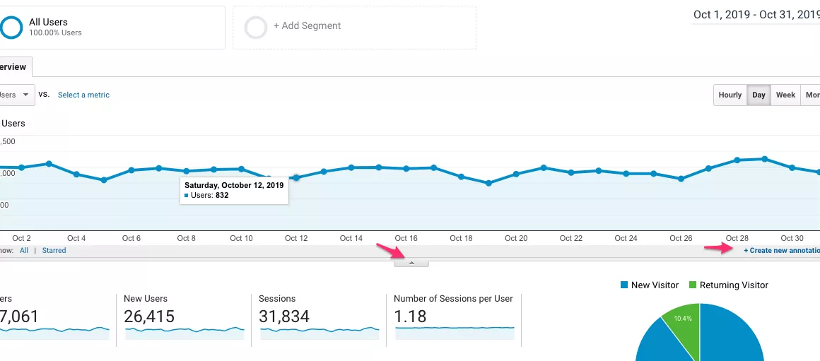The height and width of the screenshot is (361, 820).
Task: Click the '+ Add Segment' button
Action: tap(307, 26)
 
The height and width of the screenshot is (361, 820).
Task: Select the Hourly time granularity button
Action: tap(730, 95)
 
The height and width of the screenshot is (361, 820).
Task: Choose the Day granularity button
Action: tap(758, 95)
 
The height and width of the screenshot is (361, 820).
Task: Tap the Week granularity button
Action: tap(785, 95)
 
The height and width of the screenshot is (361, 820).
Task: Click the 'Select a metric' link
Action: tap(83, 95)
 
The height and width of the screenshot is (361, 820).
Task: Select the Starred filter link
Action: tap(54, 251)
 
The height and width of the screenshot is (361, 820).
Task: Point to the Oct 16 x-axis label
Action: tap(406, 239)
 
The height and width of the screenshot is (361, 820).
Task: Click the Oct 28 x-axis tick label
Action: tap(737, 239)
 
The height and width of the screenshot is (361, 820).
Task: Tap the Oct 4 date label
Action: tap(76, 239)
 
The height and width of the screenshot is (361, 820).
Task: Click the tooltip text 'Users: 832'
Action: tap(210, 196)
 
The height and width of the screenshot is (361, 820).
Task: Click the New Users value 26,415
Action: tap(148, 316)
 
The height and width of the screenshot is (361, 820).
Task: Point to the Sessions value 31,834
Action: tap(284, 316)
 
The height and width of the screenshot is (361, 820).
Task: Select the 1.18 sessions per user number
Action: tap(410, 316)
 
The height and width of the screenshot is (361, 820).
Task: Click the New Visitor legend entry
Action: tap(649, 285)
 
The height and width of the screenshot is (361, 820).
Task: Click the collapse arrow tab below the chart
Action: tap(411, 263)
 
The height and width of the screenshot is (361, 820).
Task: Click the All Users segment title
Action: tap(48, 23)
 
